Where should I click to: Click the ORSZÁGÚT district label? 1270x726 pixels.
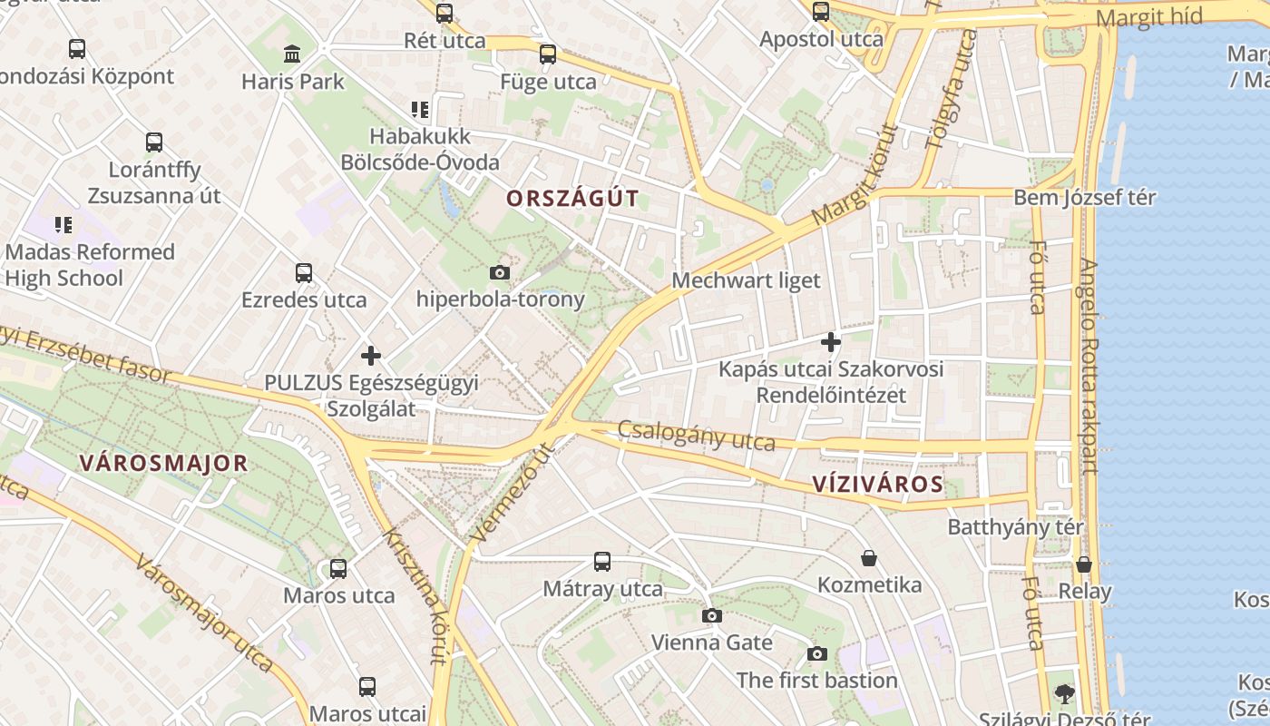pos(572,199)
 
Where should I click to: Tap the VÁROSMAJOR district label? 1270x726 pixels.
pos(163,464)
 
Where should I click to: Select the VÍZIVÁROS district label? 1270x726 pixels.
pos(878,484)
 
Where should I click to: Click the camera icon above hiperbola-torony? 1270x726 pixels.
pos(499,272)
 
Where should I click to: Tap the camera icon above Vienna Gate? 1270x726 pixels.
pos(712,616)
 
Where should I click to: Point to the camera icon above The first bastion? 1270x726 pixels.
pos(817,653)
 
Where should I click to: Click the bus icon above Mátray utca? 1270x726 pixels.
pos(602,562)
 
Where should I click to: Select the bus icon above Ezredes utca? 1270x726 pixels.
pos(304,273)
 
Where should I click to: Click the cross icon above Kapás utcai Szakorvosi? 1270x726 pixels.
pos(830,342)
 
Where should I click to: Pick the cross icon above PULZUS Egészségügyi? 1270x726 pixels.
pos(370,356)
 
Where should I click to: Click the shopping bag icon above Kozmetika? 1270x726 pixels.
pos(869,558)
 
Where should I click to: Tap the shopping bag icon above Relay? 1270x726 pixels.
pos(1084,564)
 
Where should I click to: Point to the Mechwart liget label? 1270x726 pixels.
pos(746,280)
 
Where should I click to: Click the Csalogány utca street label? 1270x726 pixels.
pos(697,436)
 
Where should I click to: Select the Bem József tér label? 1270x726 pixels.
pos(1084,197)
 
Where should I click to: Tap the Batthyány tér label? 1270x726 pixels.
pos(1016,527)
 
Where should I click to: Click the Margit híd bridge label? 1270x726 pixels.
pos(1148,17)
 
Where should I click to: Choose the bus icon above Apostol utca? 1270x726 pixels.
pos(821,12)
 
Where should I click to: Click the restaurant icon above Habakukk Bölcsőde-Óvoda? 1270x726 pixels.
pos(420,110)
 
